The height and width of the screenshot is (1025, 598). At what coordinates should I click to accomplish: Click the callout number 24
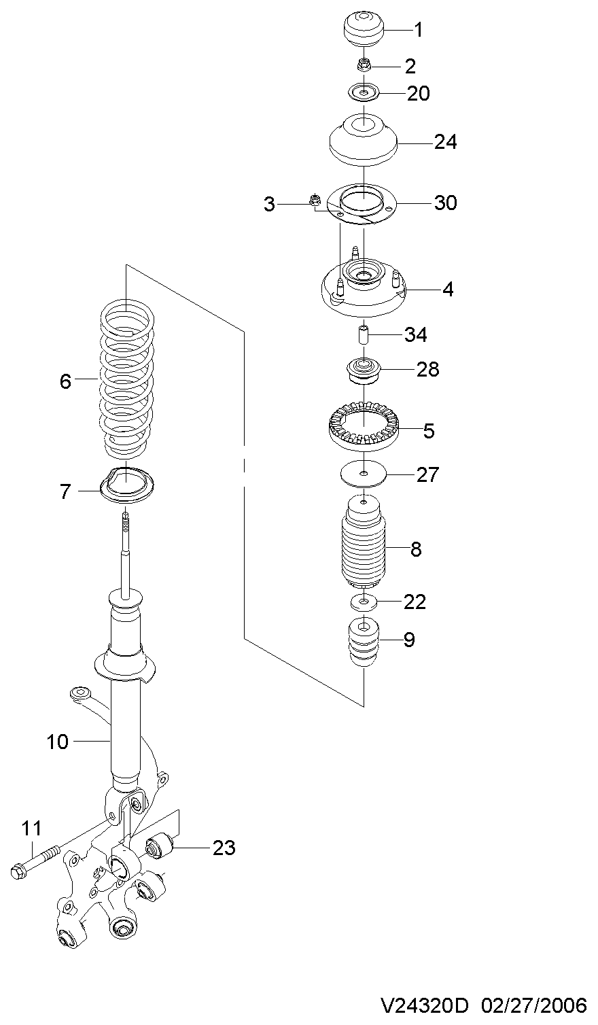[x=445, y=142]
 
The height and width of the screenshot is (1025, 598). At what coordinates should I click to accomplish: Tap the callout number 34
[x=415, y=335]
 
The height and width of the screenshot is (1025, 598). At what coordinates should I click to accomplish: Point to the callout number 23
[x=224, y=848]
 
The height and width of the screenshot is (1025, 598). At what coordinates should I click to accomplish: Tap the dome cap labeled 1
[x=364, y=30]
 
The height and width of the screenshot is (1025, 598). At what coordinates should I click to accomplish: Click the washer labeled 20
[x=364, y=93]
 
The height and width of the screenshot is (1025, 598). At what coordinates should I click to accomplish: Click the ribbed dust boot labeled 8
[x=364, y=543]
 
